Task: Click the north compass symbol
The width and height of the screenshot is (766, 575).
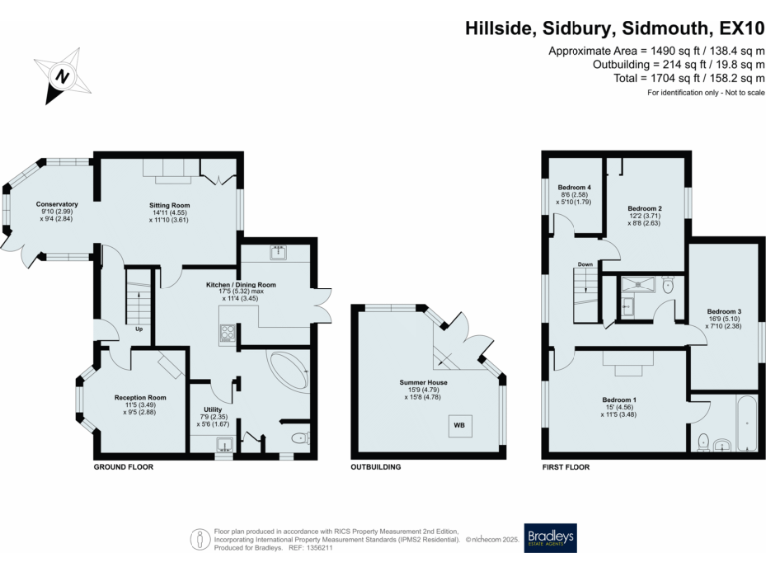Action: (x=63, y=76)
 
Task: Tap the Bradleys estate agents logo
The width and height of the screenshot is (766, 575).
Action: (x=550, y=538)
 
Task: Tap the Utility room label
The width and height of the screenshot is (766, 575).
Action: (x=211, y=409)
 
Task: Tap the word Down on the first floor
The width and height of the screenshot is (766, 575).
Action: (x=586, y=265)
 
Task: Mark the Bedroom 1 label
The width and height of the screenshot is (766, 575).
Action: (x=619, y=400)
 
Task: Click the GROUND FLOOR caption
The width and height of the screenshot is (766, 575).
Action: (x=124, y=467)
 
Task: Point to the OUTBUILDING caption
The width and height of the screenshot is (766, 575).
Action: (x=375, y=467)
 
